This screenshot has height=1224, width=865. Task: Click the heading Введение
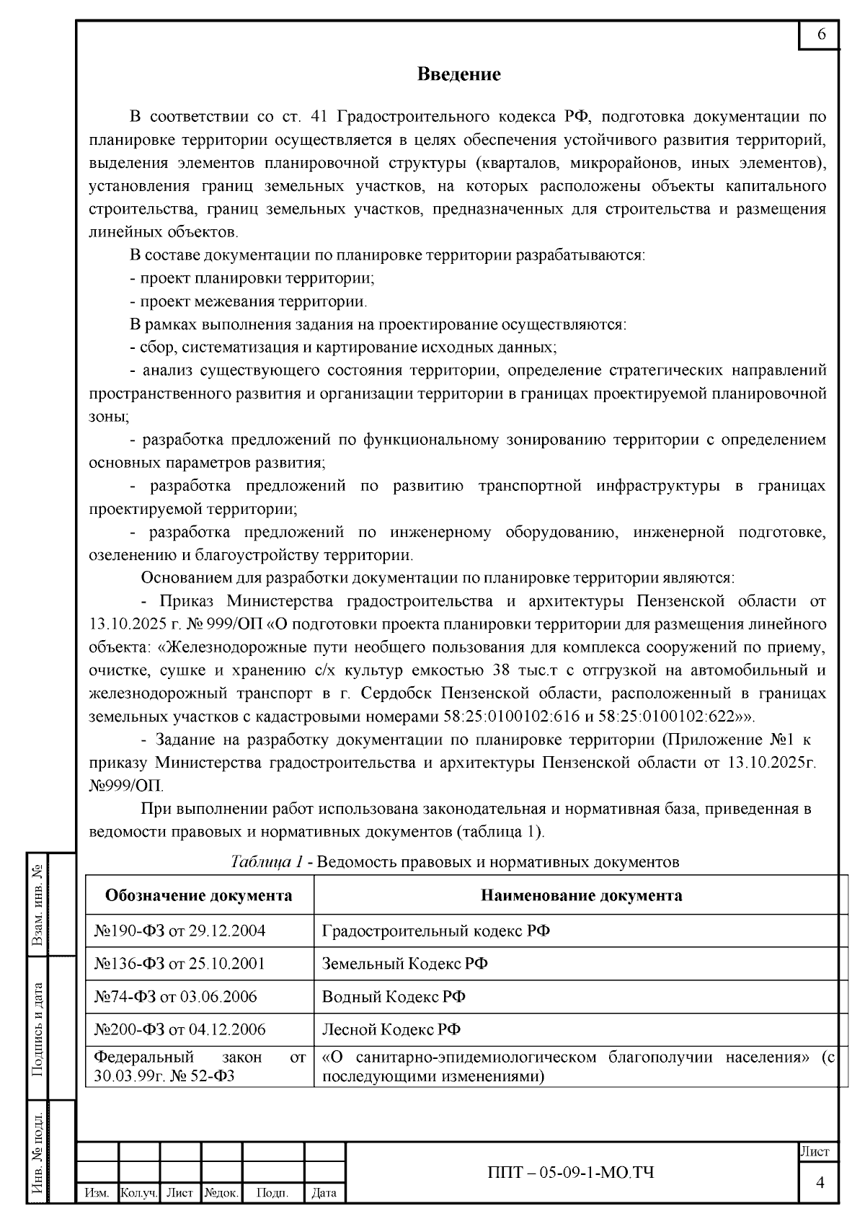click(x=459, y=74)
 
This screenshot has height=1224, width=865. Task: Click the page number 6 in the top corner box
click(x=821, y=35)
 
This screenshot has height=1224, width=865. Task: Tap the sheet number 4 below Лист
click(x=820, y=1183)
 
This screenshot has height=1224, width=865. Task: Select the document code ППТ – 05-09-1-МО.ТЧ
click(x=572, y=1172)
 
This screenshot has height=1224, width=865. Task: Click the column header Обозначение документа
click(x=199, y=895)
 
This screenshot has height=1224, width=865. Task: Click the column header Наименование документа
click(x=581, y=895)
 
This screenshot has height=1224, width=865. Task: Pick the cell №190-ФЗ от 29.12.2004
click(x=179, y=931)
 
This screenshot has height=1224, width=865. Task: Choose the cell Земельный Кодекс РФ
click(x=404, y=964)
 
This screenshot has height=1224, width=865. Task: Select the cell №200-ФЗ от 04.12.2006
click(x=179, y=1029)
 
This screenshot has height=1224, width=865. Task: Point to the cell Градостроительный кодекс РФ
click(x=435, y=931)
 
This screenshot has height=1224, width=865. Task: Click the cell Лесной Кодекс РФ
click(x=391, y=1029)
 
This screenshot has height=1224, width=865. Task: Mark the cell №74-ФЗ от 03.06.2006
click(x=175, y=997)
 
